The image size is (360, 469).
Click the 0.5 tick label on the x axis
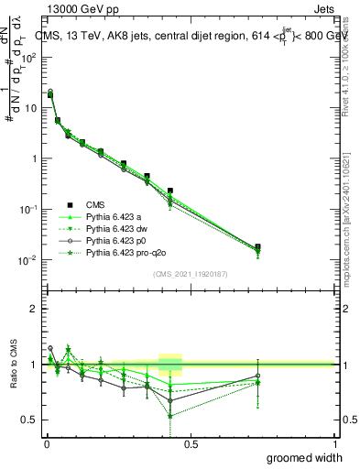tap(191, 442)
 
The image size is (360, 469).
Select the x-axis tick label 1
tap(335, 442)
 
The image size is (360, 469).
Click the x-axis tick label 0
tap(46, 442)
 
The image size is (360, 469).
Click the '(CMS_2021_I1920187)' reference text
tap(190, 274)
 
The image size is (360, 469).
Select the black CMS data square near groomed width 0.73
tap(257, 246)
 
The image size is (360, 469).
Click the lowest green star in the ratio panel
tap(170, 416)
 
